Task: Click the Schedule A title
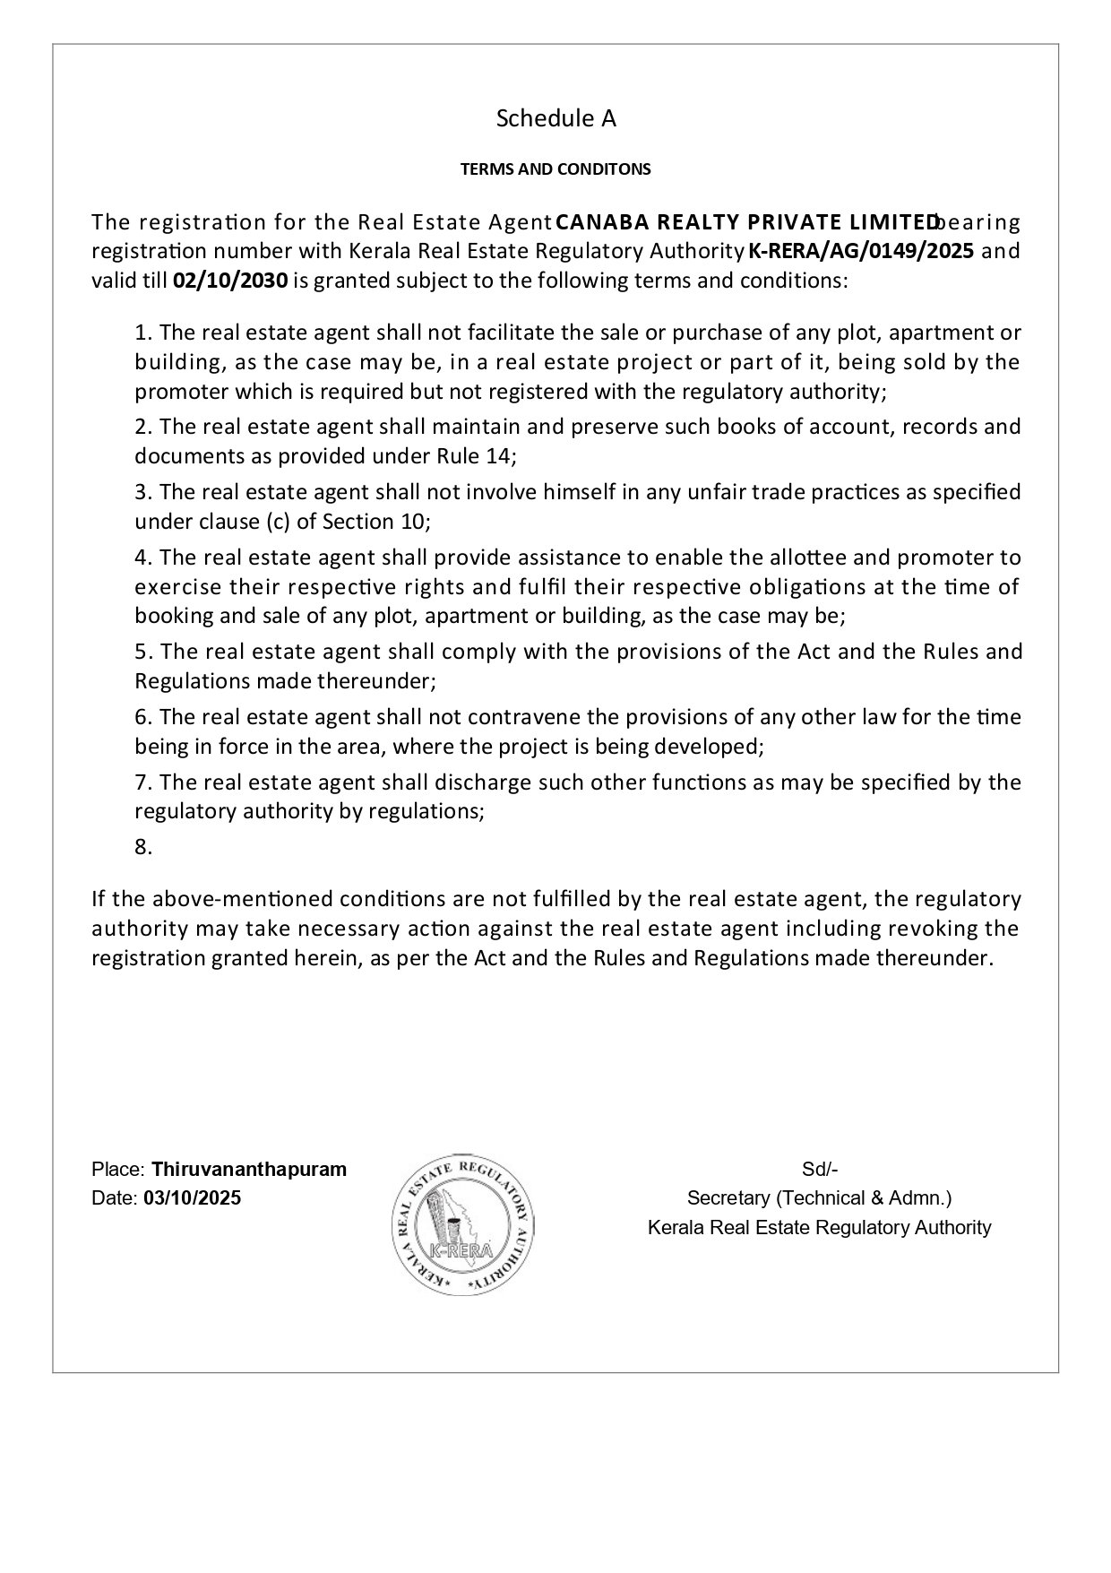click(555, 118)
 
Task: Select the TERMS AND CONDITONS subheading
click(555, 169)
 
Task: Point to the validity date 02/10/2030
click(230, 281)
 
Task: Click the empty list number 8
click(143, 847)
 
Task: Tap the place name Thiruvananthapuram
click(249, 1170)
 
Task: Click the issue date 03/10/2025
click(192, 1198)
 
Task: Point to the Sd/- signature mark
click(819, 1170)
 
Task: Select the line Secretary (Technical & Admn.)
click(819, 1198)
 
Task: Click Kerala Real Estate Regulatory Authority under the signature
click(819, 1228)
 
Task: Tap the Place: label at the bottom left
click(118, 1170)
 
